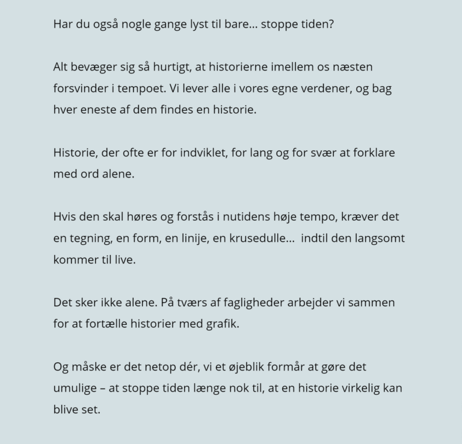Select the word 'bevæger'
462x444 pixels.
pyautogui.click(x=93, y=67)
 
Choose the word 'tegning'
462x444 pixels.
pyautogui.click(x=90, y=238)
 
